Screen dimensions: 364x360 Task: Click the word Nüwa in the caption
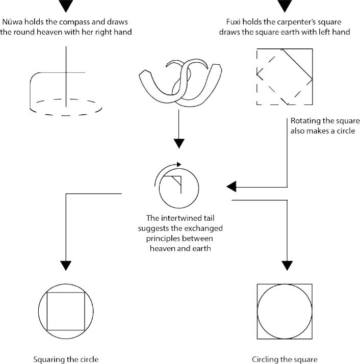click(13, 22)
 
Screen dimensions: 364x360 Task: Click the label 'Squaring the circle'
click(66, 359)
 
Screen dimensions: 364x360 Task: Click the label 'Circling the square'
click(285, 359)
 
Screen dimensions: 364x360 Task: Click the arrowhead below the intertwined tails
click(178, 143)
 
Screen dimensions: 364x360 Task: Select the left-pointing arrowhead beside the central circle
click(232, 187)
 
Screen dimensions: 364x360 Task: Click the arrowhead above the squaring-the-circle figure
click(66, 265)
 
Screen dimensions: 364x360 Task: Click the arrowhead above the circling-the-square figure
click(288, 265)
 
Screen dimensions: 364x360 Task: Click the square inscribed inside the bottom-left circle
click(66, 311)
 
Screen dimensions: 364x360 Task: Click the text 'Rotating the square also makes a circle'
click(325, 126)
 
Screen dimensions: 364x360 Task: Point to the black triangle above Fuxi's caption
click(285, 6)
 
